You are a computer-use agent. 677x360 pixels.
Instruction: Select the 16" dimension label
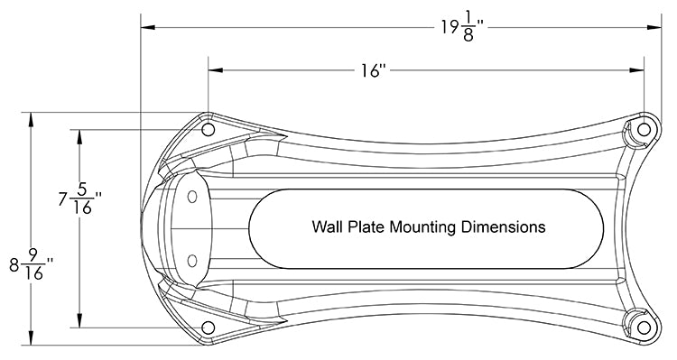[374, 70]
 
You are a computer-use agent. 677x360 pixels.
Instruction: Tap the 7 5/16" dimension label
[80, 199]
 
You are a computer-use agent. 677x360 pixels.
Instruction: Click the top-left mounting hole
[209, 129]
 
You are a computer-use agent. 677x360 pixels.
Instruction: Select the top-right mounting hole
[644, 129]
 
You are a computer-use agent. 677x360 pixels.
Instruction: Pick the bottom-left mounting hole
[209, 328]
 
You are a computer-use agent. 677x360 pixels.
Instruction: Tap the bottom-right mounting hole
[644, 328]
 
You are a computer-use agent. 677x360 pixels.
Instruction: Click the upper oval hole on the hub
[192, 197]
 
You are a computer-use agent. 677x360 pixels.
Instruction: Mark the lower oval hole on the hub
[192, 261]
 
